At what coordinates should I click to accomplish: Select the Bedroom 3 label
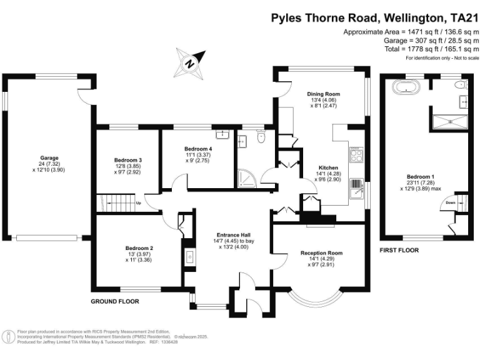[x=127, y=160]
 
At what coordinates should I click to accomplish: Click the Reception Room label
[x=321, y=252]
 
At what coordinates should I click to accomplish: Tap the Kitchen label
[x=328, y=168]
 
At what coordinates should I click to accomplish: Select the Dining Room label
[x=323, y=94]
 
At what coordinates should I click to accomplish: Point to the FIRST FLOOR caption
[x=398, y=250]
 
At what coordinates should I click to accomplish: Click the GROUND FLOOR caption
[x=114, y=301]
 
